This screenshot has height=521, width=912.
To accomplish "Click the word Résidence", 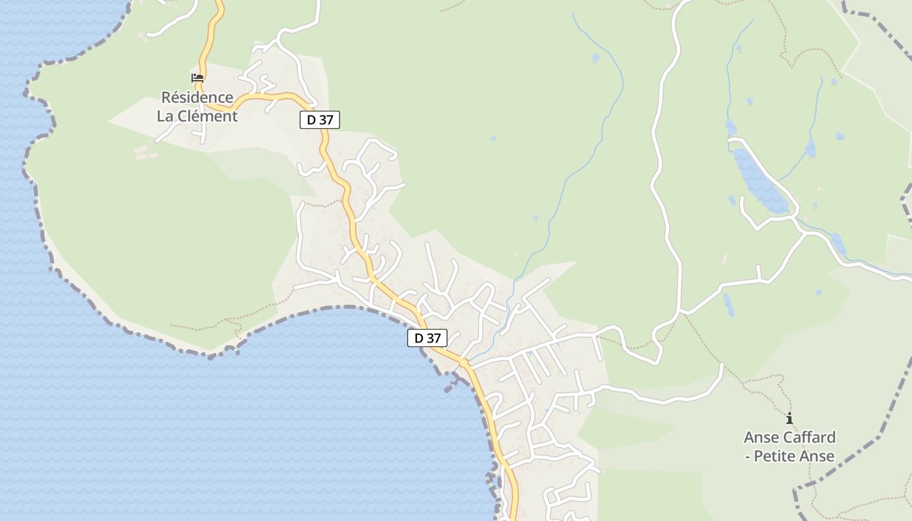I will coord(197,98).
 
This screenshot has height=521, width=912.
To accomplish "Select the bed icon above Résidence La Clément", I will coord(197,78).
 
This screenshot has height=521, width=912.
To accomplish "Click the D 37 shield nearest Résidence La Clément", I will coord(320,120).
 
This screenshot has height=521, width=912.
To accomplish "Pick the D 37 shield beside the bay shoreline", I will coord(427,338).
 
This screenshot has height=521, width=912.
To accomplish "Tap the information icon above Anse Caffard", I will coord(790,418).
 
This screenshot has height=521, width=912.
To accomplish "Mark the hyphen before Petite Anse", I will coord(747,457).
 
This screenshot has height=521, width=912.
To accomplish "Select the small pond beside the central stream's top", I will coord(595,58).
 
